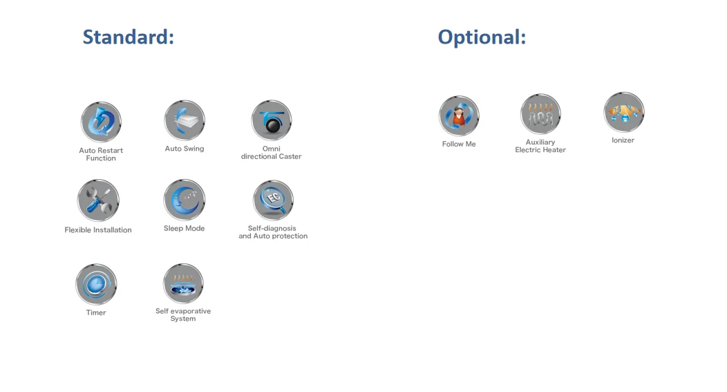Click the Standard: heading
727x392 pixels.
128,37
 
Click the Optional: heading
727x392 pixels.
482,37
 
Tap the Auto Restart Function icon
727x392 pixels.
101,122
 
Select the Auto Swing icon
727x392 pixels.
185,120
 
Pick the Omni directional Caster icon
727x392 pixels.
272,120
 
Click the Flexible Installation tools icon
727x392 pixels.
98,200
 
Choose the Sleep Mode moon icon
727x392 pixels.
185,200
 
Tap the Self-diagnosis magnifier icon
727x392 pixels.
273,200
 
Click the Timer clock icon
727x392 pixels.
96,284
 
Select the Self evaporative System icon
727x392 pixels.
183,283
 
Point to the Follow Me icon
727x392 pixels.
459,116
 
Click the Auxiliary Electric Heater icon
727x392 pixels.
540,114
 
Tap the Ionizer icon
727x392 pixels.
623,112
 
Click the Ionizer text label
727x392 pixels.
623,140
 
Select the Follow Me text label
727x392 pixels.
459,144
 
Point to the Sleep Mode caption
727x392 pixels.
184,229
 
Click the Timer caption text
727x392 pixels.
96,313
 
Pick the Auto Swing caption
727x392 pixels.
185,149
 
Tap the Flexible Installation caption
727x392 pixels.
98,230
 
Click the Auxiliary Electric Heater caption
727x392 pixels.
540,146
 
